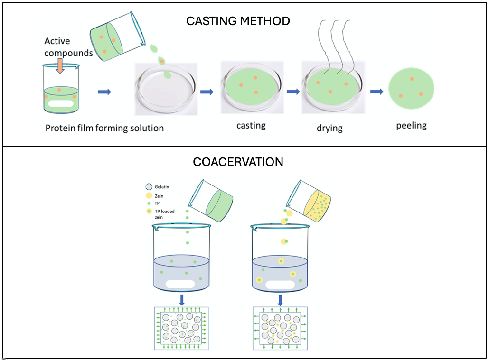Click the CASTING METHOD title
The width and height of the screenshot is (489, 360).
point(238,21)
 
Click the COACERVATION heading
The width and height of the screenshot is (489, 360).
point(238,162)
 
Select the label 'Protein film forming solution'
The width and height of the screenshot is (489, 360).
point(104,128)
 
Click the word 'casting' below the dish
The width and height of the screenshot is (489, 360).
point(251,126)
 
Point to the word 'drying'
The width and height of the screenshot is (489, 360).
point(329,129)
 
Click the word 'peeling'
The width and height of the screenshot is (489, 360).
point(412,126)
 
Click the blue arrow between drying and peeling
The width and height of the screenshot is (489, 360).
point(376,92)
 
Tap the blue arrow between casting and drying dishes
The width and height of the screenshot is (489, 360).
point(293,92)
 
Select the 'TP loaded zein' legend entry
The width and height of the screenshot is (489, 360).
point(161,214)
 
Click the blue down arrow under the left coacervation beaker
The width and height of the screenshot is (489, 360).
point(182,300)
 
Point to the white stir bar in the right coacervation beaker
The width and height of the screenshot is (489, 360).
point(280,285)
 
